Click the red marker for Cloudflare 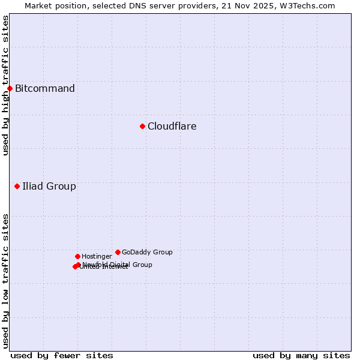coord(142,126)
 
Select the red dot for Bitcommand coord(10,89)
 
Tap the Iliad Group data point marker coord(17,186)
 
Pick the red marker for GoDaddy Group coord(118,252)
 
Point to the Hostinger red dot coord(77,256)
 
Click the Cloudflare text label coord(172,126)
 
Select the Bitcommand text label coord(45,89)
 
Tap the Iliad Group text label coord(49,186)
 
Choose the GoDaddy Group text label coord(147,252)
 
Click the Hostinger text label coord(97,256)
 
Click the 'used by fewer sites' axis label coord(62,355)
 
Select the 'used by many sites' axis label coord(301,355)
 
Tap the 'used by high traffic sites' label coord(5,85)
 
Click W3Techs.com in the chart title coord(308,5)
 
